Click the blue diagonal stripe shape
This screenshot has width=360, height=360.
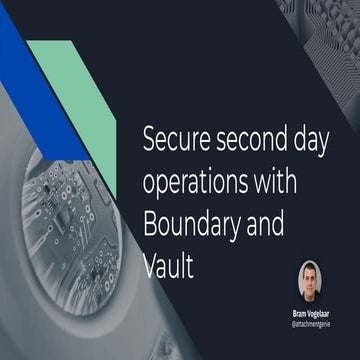[25, 60]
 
